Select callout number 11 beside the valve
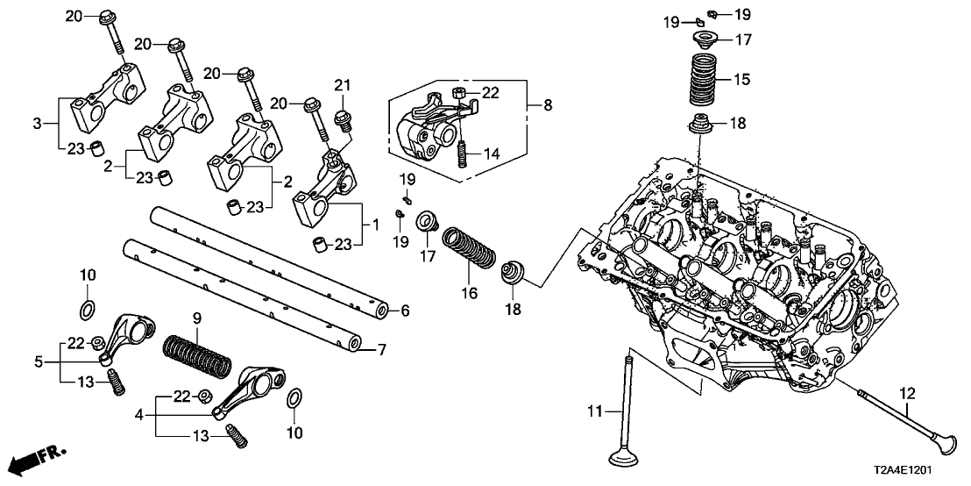(595, 411)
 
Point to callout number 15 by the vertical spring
(741, 80)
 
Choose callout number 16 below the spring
(470, 292)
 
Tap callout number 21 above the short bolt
(342, 84)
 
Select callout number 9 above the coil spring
(197, 316)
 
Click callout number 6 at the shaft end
(404, 311)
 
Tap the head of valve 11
(629, 458)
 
